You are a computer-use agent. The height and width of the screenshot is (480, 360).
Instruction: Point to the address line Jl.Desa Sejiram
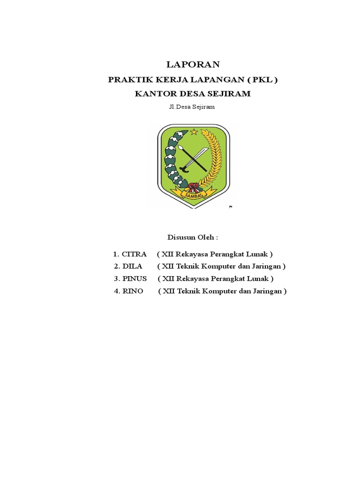192,107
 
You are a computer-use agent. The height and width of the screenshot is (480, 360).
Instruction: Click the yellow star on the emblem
194,132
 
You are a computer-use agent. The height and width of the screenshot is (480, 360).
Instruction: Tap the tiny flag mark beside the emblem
231,206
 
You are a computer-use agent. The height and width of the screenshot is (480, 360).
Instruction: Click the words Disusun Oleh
193,237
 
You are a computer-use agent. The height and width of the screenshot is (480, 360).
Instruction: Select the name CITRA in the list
134,254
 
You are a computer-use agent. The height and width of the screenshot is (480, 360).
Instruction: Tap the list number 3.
116,278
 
